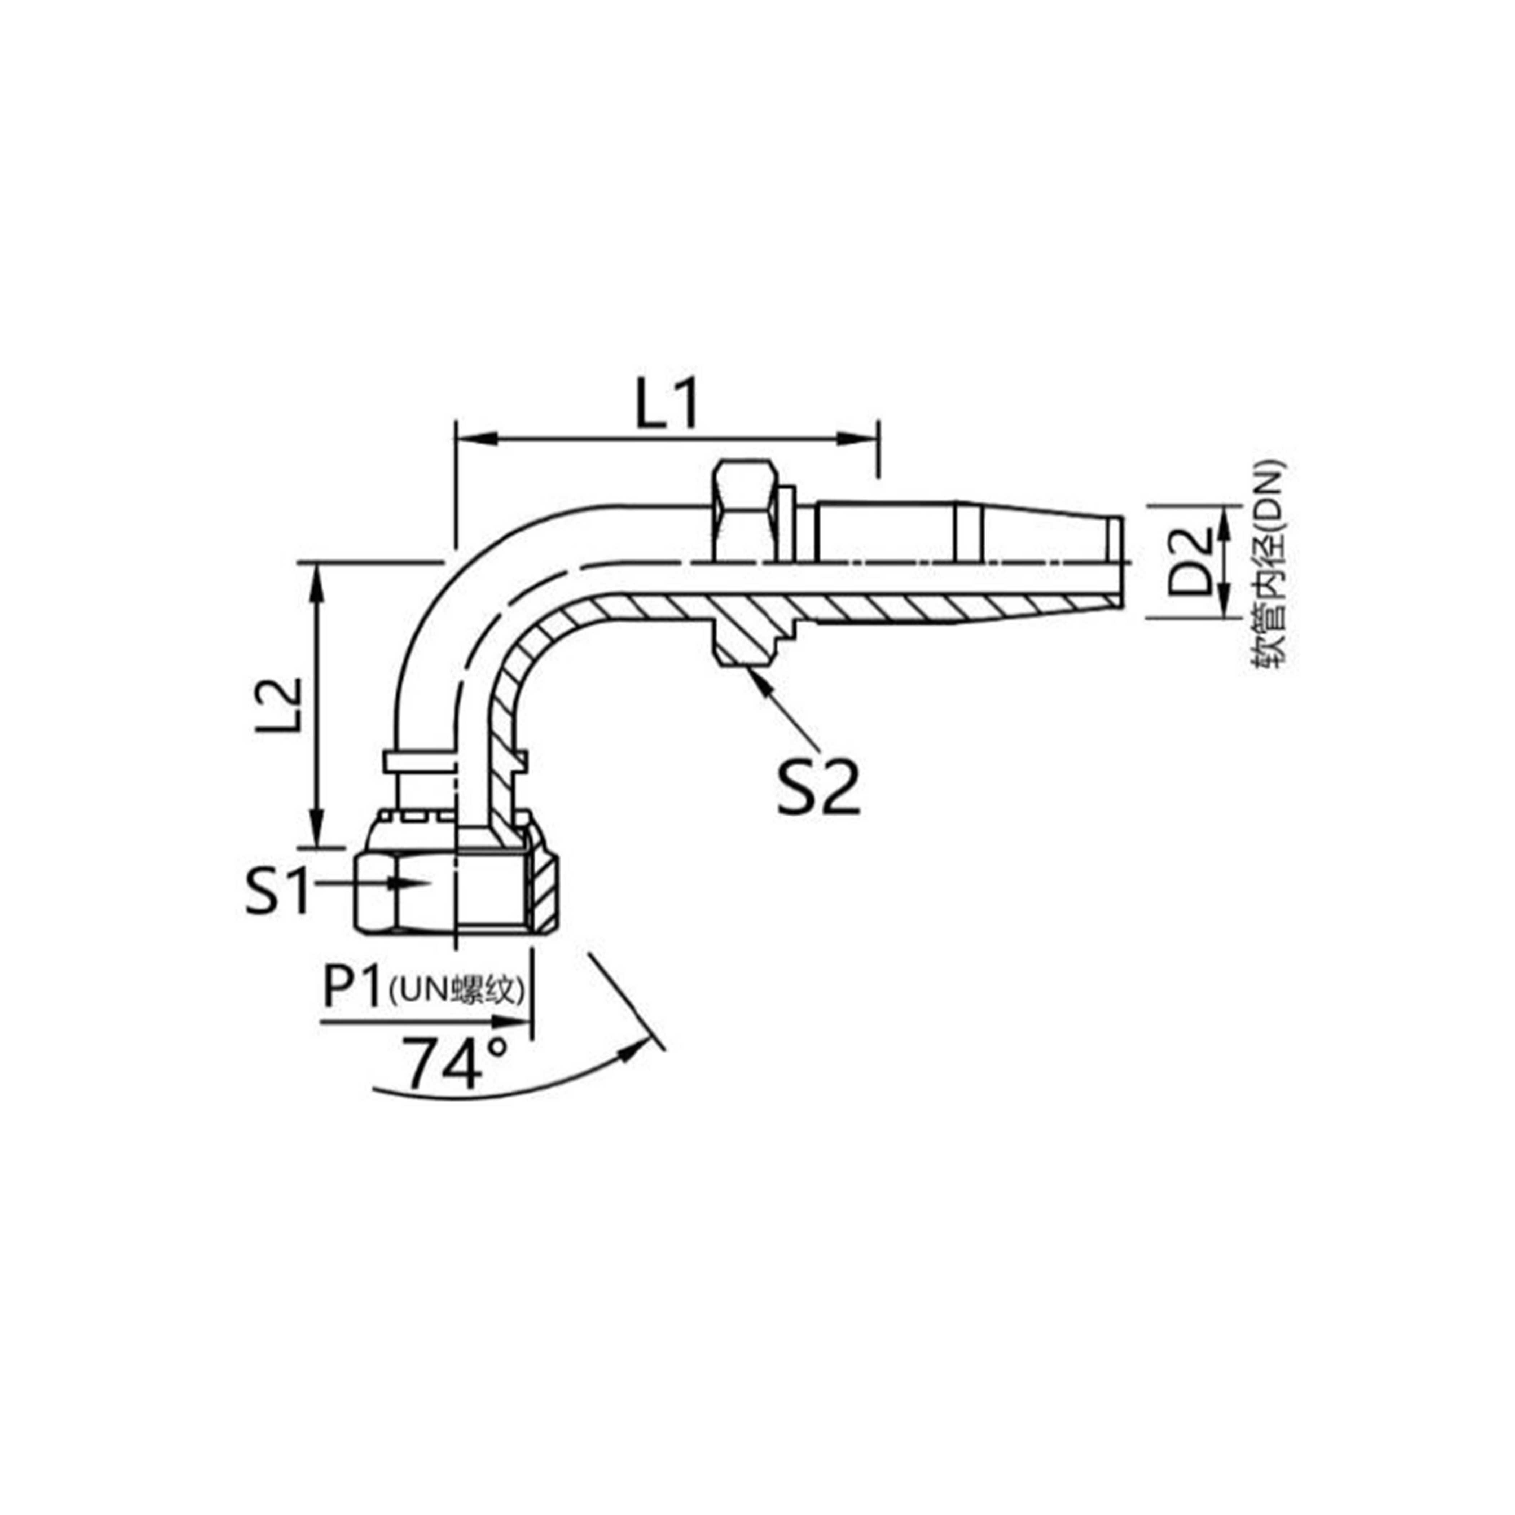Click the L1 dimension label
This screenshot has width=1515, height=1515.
tap(666, 405)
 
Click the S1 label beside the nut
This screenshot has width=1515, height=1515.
tap(276, 889)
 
